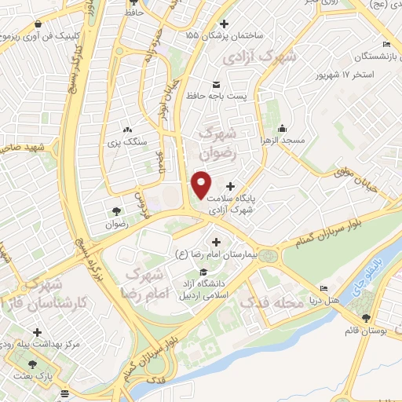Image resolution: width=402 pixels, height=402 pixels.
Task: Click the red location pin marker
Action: pos(202,184)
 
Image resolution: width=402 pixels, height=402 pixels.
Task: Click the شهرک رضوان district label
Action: pos(221,141)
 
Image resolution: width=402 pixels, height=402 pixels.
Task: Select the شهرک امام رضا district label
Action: pos(144,284)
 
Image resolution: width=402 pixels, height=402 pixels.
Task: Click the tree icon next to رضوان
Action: pos(117,211)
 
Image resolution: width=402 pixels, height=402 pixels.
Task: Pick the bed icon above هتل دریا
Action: pos(321,287)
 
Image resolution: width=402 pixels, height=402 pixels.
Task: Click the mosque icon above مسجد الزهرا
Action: pos(283,128)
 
